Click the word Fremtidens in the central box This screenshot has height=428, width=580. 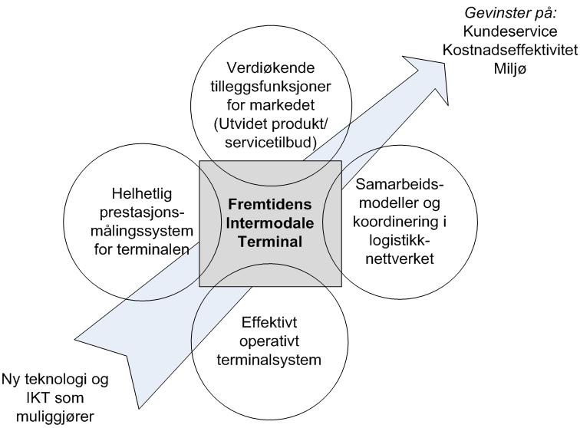coord(270,204)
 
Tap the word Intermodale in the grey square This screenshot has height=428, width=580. coord(270,223)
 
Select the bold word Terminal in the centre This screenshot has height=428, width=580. coord(270,242)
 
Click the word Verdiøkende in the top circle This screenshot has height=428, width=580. coord(271,67)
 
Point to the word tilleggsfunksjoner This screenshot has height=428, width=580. coord(271,87)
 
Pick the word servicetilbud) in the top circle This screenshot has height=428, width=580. coord(271,143)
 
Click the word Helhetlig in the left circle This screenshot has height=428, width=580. coord(142,194)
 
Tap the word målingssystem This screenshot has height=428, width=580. coord(142,231)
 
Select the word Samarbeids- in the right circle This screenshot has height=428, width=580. coord(400,184)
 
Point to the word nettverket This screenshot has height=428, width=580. coord(400,258)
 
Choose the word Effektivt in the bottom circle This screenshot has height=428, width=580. coord(269,323)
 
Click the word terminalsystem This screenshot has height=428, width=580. coord(269,360)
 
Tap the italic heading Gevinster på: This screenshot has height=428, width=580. coord(510,13)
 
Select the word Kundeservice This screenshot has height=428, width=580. coord(510,31)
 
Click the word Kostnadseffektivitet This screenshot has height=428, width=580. coord(510,50)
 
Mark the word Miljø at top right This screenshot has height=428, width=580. coord(510,69)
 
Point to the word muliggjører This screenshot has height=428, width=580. coord(55,417)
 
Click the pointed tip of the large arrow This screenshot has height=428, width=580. coord(444,63)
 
